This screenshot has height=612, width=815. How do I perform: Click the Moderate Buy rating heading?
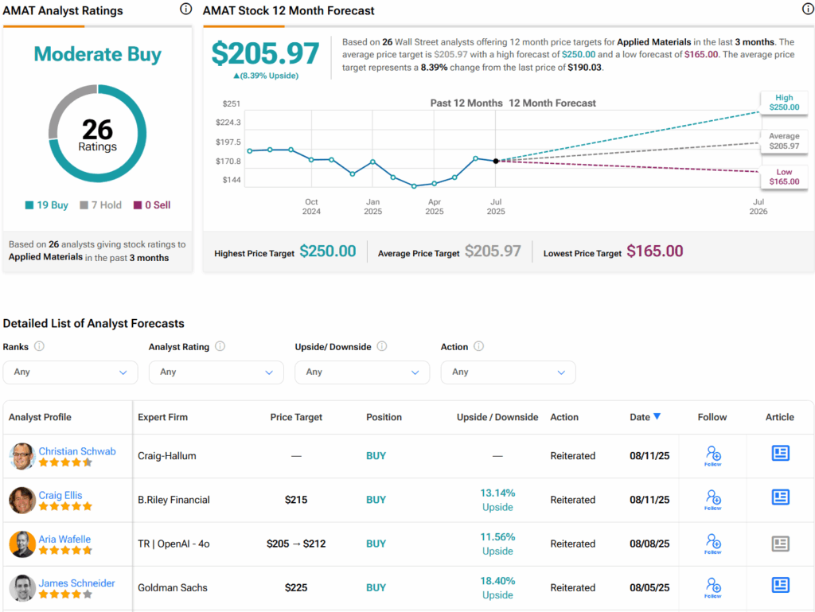pos(97,54)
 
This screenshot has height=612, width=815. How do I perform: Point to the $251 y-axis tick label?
pos(232,103)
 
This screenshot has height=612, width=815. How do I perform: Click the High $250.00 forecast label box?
pos(783,102)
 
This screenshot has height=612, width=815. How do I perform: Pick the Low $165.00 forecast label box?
pos(783,177)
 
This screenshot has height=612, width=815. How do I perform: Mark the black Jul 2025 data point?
pos(496,161)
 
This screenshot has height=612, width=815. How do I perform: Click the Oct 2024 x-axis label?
pos(311,207)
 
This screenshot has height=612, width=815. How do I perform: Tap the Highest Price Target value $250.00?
pos(328,251)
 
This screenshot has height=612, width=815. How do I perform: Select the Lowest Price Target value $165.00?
pos(654,251)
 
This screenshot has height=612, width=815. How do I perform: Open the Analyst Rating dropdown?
pos(216,372)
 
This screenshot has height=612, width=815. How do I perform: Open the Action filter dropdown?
pos(508,372)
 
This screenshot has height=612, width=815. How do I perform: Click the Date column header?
pos(645,417)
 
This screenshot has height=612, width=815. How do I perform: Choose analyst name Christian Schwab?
pos(77,451)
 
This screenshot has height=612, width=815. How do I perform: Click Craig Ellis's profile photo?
pos(22,500)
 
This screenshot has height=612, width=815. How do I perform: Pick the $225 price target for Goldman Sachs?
pos(296,588)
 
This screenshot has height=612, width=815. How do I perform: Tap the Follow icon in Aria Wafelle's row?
pos(712,544)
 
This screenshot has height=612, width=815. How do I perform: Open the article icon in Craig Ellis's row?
pos(780,498)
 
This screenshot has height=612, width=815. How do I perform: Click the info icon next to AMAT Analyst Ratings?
pos(185,10)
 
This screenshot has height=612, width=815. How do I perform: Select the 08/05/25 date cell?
pos(649,588)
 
